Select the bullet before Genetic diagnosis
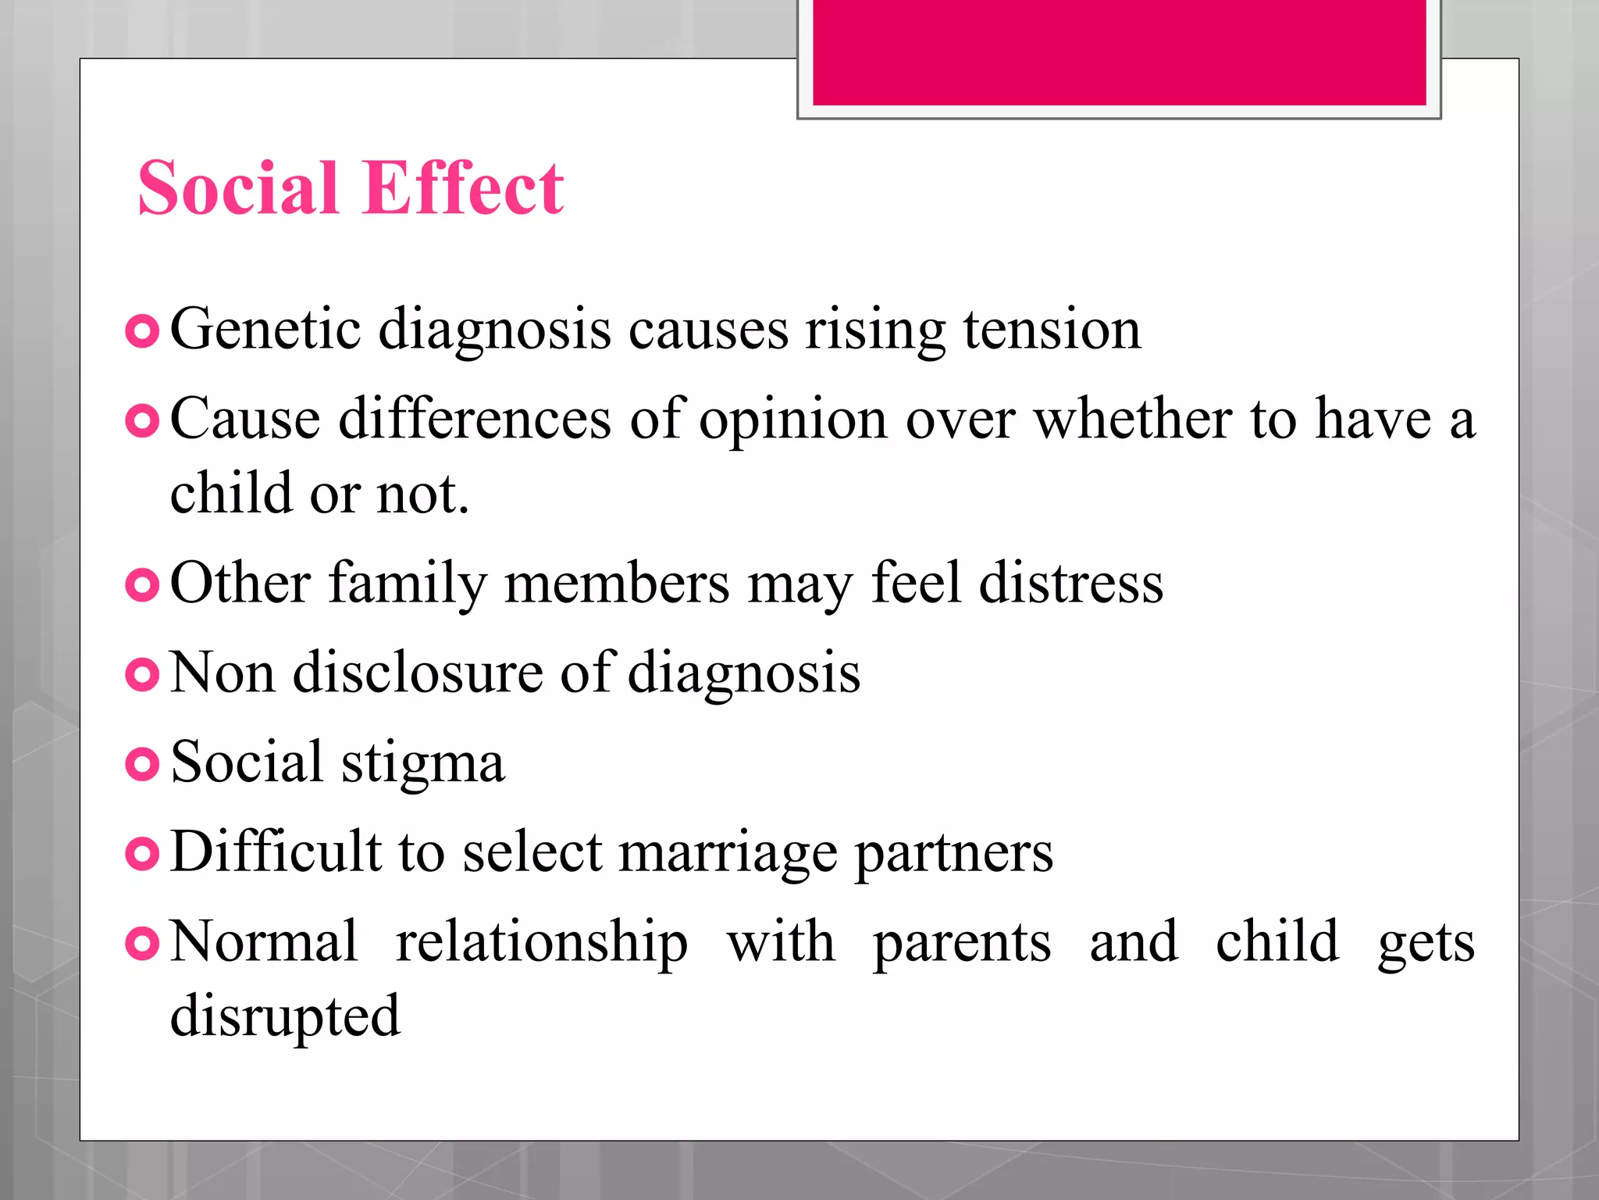click(x=142, y=332)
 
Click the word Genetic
click(x=265, y=329)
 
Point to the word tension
click(x=1052, y=329)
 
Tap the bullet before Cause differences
click(x=142, y=422)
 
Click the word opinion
click(x=792, y=420)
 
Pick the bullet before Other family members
click(x=142, y=585)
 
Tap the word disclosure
click(x=417, y=672)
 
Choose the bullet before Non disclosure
click(x=142, y=675)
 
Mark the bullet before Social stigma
click(x=142, y=764)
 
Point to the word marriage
click(x=728, y=853)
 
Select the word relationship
click(x=542, y=943)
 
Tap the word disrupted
click(x=285, y=1017)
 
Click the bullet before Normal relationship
click(x=142, y=944)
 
